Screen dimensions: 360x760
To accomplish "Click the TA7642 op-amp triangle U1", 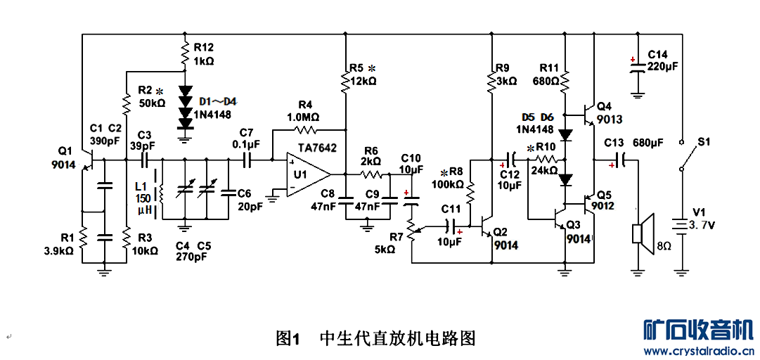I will (x=307, y=174).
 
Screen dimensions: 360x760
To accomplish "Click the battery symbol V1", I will (x=681, y=226).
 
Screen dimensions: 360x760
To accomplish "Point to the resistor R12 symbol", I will (x=185, y=52).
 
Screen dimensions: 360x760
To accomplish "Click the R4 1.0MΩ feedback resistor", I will (x=307, y=130).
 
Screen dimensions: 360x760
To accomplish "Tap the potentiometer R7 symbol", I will (x=412, y=230).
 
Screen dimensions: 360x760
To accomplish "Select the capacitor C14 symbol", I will (x=637, y=67).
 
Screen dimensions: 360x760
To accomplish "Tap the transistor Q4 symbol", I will (x=588, y=112).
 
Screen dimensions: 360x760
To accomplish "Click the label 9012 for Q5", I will (x=603, y=206).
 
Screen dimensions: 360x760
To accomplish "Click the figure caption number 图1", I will (x=288, y=338).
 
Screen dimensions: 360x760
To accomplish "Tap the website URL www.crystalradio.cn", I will (x=700, y=351).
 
